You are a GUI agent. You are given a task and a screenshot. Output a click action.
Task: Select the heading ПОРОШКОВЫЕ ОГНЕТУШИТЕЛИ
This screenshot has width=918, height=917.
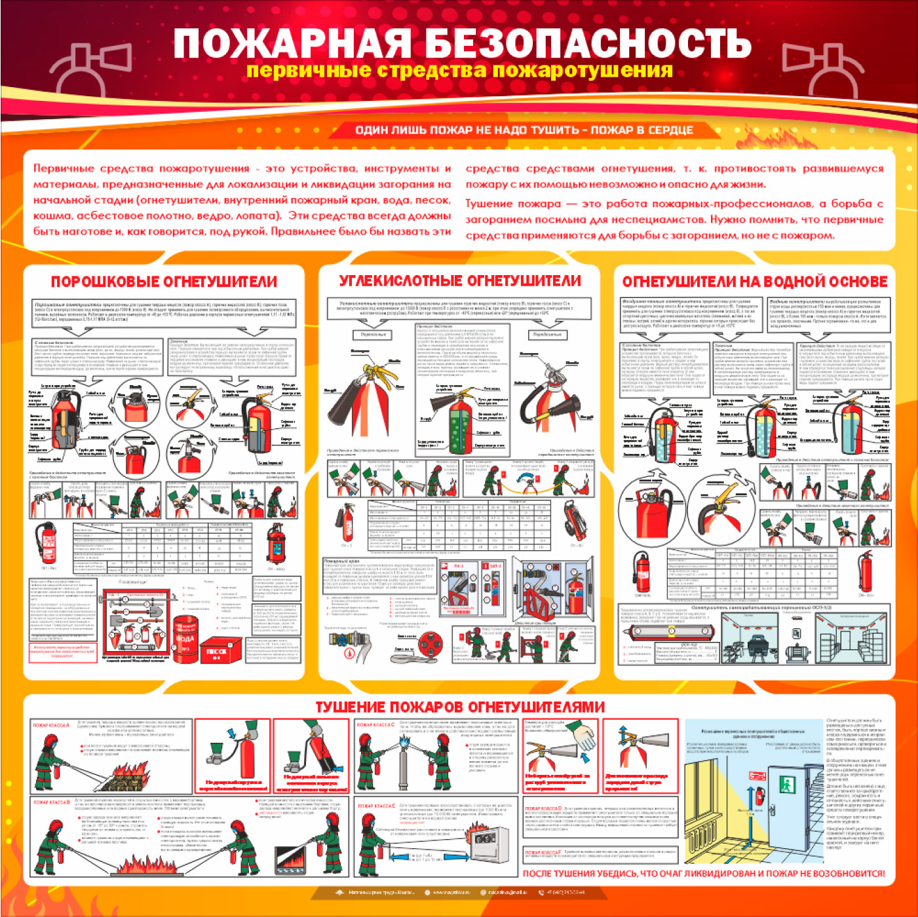point(164,282)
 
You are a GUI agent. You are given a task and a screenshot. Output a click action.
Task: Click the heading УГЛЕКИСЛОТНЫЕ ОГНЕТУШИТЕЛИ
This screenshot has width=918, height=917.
point(459,281)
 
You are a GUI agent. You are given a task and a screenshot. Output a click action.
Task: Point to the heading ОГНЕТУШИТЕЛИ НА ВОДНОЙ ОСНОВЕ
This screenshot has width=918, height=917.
point(754,282)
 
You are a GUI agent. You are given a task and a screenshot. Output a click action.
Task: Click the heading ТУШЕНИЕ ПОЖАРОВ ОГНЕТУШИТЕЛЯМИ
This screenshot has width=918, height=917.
point(459,707)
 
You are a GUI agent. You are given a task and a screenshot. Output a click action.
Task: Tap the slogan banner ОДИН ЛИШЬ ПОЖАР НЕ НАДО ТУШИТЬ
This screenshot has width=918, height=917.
point(524,130)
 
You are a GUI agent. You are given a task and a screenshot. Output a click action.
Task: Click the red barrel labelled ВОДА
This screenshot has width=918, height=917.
point(185,634)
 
